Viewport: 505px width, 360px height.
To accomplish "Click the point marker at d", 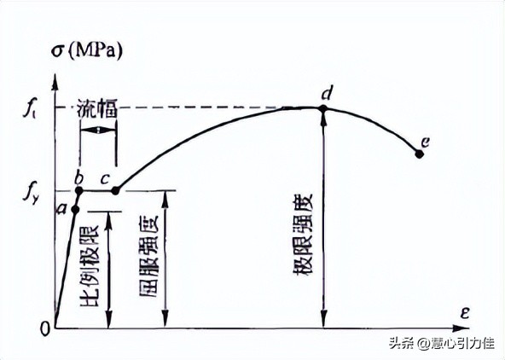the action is [x=323, y=108].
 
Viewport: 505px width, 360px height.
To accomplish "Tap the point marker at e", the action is [x=419, y=154].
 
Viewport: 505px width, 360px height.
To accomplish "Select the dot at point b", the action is [x=78, y=190].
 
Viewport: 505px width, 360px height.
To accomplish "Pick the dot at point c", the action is [x=116, y=190].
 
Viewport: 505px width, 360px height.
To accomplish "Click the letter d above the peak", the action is [x=326, y=92].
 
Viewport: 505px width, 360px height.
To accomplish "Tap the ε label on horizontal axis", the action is [x=465, y=313].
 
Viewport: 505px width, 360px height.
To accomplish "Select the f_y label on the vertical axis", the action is [x=28, y=189].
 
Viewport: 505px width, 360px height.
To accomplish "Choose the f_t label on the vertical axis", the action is [x=28, y=109].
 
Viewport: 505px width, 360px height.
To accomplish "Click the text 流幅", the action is [x=96, y=110].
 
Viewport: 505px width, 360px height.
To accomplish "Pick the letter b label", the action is [x=78, y=177].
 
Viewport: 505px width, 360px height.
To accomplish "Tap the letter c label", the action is [x=104, y=179].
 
